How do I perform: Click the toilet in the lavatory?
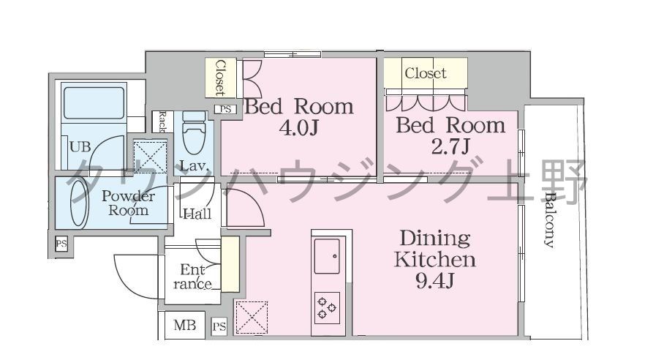194,132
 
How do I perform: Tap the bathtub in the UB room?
94,103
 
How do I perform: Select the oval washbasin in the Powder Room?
79,203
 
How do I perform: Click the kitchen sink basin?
327,256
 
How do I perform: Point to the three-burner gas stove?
327,309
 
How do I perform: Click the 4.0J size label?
298,129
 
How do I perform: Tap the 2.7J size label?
450,146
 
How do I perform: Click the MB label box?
184,325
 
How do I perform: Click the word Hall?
197,214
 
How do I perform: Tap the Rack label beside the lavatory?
162,121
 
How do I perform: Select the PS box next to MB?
219,326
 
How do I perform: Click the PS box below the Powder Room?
61,244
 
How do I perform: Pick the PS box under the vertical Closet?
226,109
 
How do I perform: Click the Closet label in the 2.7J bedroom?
425,73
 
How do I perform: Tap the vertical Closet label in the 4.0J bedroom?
220,78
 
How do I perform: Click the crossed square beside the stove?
251,317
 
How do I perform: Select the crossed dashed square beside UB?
150,157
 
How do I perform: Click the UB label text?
80,146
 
